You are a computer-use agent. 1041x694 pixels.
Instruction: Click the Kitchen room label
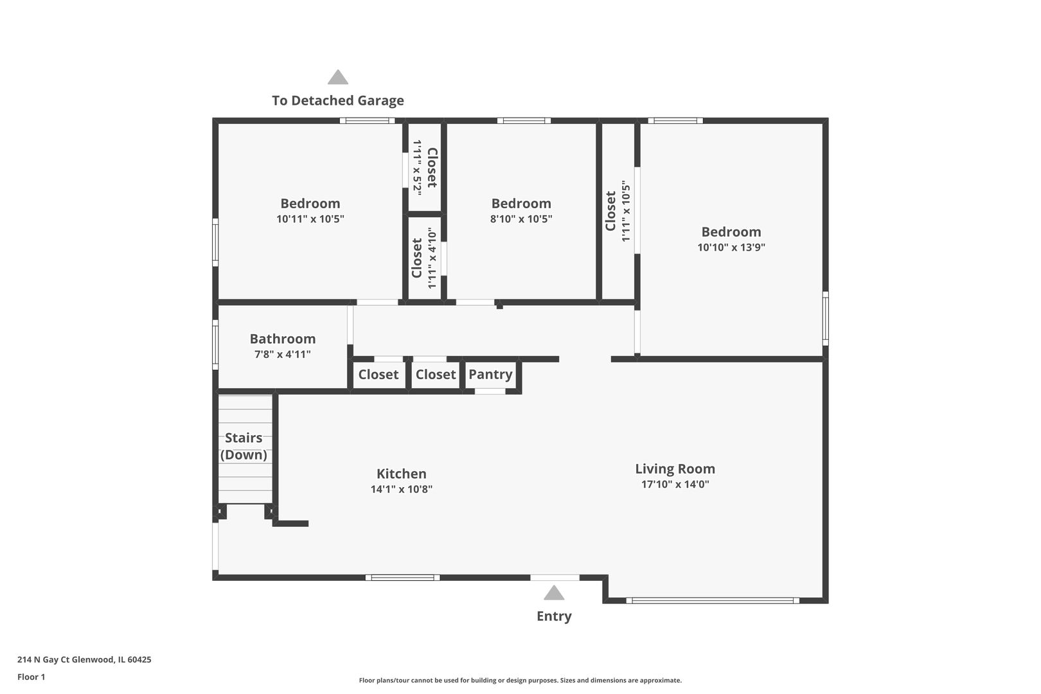click(401, 474)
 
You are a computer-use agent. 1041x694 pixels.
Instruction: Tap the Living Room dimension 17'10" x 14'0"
click(675, 485)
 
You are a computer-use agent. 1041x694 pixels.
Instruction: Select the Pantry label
click(490, 374)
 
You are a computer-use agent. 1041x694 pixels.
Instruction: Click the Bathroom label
click(282, 339)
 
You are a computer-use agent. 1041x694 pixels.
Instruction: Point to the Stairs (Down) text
click(244, 446)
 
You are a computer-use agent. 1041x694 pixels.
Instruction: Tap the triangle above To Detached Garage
click(337, 78)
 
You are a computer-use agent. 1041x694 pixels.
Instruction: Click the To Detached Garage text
click(337, 100)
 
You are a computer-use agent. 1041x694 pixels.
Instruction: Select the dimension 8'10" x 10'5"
click(520, 219)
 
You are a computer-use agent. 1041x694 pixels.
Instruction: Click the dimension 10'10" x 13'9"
click(731, 247)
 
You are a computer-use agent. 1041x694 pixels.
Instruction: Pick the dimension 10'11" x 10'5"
click(310, 219)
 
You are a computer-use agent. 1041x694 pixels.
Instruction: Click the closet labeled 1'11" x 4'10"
click(424, 258)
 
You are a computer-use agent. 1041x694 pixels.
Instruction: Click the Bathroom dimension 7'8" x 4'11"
click(282, 354)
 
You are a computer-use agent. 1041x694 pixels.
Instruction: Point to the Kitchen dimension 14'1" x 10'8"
click(401, 489)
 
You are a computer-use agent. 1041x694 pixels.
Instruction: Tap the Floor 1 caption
click(31, 677)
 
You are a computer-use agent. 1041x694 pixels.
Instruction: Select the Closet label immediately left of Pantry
click(435, 374)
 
